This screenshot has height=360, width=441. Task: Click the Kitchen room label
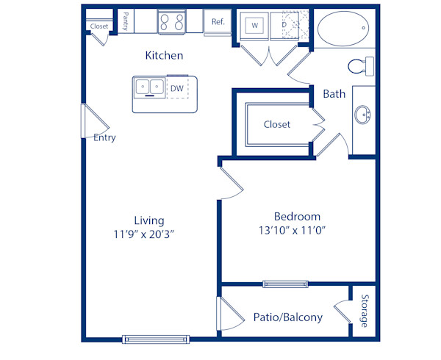[164, 56]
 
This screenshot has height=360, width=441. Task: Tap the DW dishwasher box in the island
[177, 89]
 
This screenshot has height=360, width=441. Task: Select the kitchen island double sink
[149, 88]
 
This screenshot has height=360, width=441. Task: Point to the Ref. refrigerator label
[218, 22]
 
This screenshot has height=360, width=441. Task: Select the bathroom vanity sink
[362, 115]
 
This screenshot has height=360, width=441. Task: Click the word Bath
[334, 94]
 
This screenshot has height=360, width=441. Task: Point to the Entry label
[104, 137]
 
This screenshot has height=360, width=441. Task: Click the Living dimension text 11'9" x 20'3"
[148, 234]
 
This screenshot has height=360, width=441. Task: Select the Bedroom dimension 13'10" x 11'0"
[297, 231]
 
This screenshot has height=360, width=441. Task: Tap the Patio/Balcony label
[287, 317]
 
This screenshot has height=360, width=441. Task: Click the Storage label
[364, 311]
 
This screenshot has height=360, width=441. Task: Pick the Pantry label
[126, 21]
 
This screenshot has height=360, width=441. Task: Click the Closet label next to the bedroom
[277, 124]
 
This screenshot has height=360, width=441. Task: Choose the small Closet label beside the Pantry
[99, 26]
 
